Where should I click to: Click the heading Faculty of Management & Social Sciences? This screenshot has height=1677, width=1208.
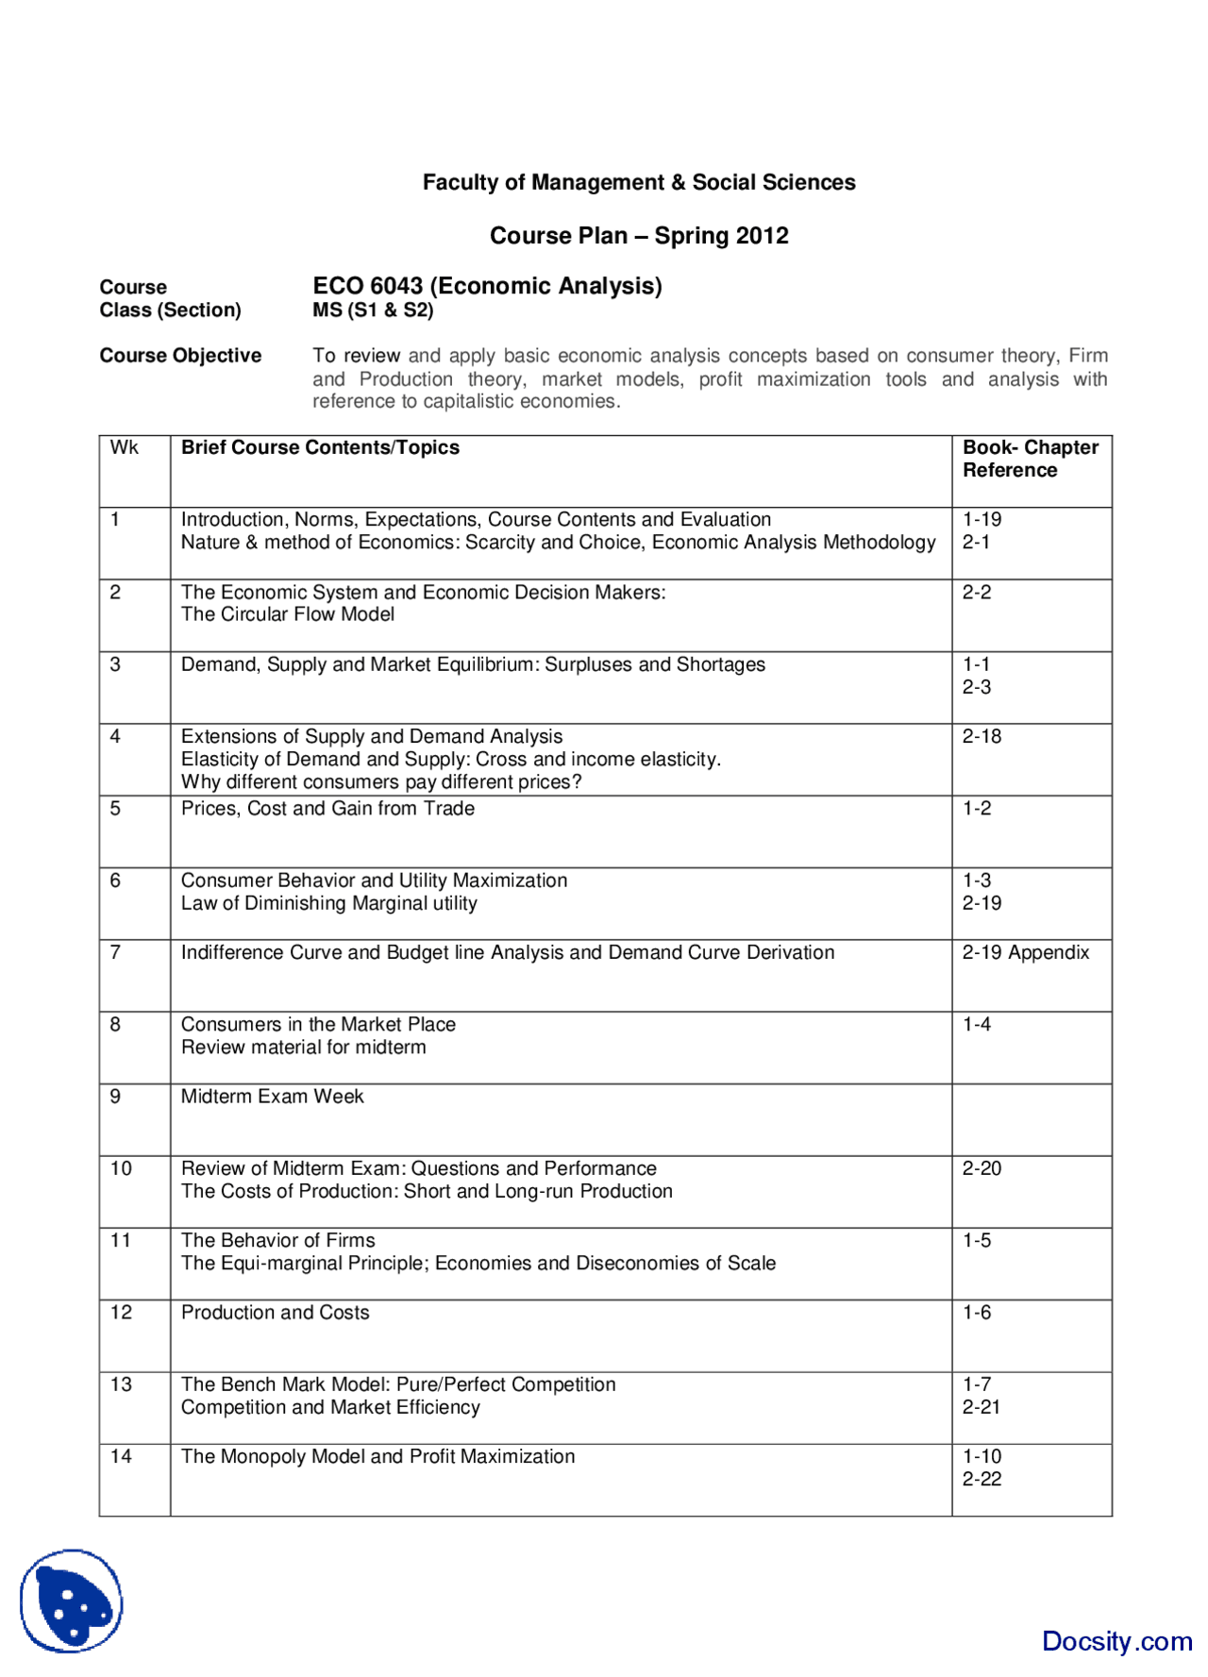639,182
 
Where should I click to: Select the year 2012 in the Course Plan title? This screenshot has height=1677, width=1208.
763,236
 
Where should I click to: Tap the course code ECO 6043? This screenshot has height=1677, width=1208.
368,286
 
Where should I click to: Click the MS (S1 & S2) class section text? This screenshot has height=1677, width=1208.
373,310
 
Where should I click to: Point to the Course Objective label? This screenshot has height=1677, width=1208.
180,356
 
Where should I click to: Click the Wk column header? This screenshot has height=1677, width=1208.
124,447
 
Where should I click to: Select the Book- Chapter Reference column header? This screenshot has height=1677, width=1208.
1030,459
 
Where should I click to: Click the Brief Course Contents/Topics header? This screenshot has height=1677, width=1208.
320,447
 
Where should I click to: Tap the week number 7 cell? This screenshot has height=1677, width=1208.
115,952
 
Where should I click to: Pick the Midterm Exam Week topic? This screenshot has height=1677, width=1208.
272,1097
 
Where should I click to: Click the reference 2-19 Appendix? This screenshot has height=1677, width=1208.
1025,952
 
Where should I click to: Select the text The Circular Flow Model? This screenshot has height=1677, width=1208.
288,614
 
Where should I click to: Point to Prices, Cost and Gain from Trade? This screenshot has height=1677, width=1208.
327,809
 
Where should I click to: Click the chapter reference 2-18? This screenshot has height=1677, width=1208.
981,737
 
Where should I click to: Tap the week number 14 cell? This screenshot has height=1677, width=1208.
121,1456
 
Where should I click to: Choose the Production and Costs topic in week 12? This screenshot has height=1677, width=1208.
275,1313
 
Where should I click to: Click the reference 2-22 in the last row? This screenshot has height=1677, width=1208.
981,1479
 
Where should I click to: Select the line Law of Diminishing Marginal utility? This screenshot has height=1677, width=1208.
328,903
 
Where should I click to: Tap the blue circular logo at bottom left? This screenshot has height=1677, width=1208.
72,1601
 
